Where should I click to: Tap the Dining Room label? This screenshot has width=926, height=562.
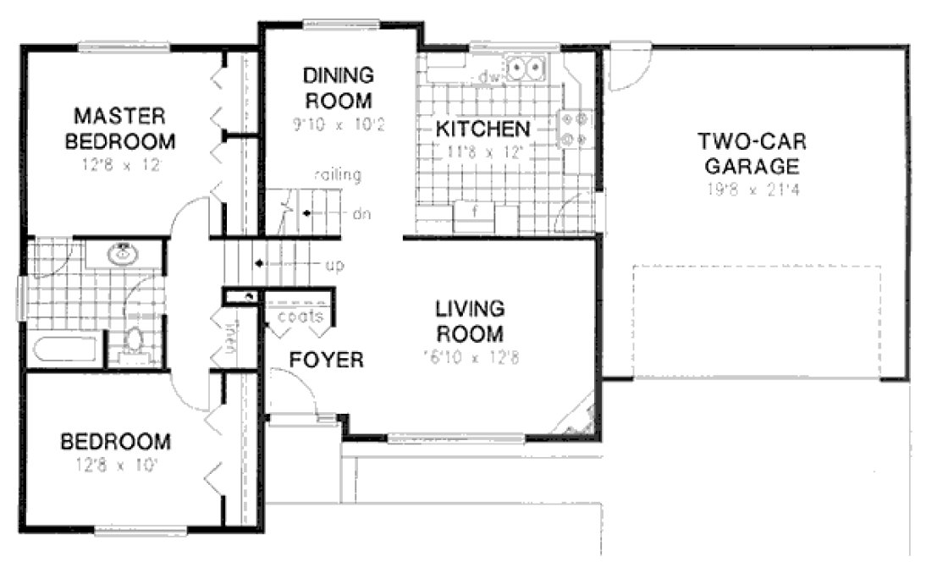tap(337, 89)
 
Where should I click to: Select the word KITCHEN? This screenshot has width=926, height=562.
tap(482, 129)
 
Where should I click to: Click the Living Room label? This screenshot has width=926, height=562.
tap(470, 320)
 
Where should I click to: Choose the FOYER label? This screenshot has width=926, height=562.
tap(327, 361)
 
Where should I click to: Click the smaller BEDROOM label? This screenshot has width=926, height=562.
tap(115, 442)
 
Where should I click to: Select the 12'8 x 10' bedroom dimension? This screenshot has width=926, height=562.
tap(115, 464)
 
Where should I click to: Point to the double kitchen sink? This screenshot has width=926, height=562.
tap(527, 65)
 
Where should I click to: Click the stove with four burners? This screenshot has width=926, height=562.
tap(574, 129)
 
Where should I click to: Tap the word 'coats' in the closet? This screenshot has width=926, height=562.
tap(300, 317)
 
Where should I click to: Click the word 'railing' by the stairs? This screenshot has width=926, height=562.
tap(338, 176)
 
